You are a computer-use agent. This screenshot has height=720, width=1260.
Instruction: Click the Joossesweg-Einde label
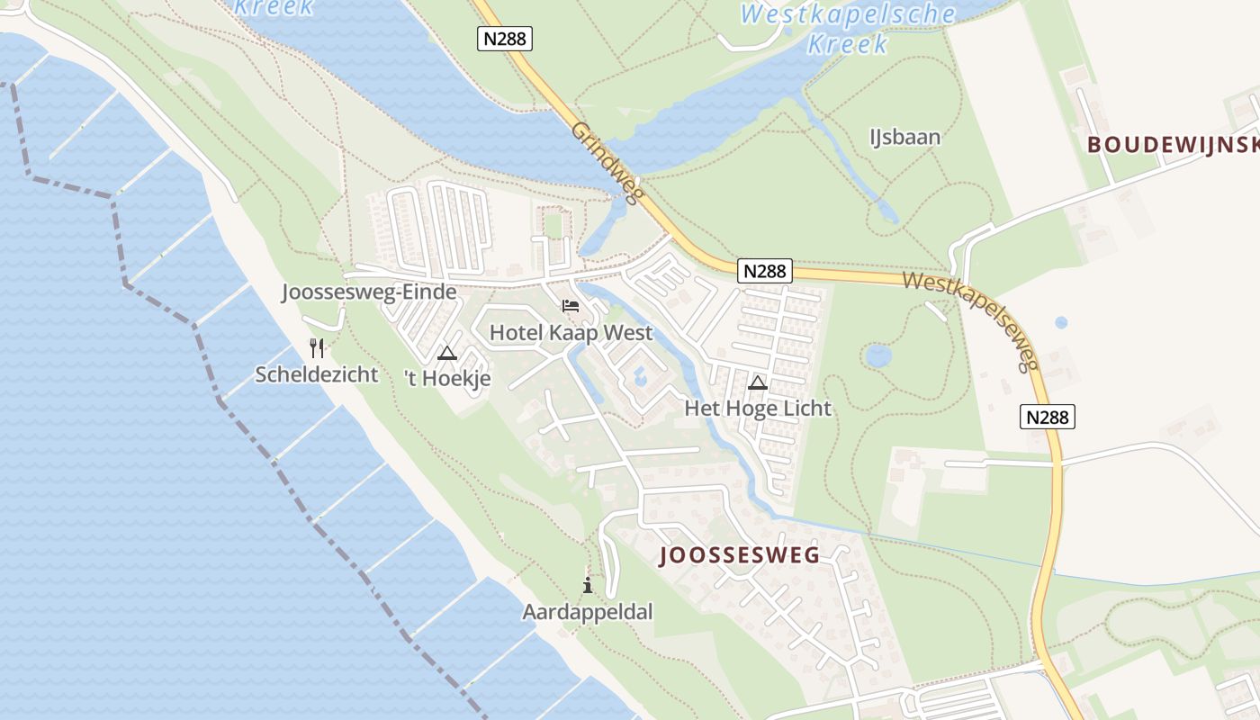369,292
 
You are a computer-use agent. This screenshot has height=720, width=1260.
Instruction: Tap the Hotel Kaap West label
571,333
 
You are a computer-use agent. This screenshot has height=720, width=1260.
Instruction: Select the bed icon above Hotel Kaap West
571,306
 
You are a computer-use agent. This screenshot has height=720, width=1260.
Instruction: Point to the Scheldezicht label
317,374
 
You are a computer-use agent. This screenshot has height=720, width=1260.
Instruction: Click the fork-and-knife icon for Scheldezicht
317,347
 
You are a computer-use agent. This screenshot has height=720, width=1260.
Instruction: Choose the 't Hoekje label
447,379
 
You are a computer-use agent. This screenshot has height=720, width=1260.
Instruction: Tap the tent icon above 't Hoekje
446,353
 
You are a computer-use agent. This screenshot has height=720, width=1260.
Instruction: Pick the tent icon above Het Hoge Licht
758,382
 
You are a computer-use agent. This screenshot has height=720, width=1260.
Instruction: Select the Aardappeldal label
588,612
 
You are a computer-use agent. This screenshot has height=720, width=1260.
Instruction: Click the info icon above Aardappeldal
588,586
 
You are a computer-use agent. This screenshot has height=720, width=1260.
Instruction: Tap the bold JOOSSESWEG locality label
740,555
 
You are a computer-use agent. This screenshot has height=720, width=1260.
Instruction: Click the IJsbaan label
904,137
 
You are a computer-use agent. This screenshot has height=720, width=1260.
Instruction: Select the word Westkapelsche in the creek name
848,14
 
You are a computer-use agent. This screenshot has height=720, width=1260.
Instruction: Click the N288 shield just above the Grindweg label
504,38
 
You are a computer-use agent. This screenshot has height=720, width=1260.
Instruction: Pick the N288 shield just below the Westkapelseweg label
1048,417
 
